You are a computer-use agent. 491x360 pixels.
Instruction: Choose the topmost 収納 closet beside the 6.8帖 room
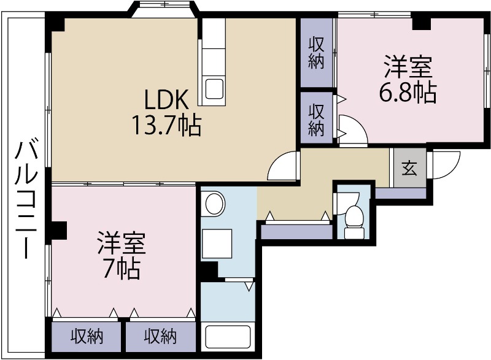click(316, 53)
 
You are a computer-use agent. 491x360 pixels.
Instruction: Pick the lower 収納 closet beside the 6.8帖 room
click(316, 120)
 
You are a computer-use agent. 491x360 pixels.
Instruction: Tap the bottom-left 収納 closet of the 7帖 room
click(87, 336)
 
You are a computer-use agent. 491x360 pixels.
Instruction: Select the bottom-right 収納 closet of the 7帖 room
click(161, 336)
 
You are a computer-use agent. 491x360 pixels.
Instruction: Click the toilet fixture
click(354, 218)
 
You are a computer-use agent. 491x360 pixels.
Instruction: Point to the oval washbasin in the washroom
click(214, 203)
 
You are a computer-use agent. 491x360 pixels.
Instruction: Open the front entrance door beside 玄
click(444, 164)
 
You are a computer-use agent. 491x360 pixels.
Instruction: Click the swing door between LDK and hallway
click(283, 166)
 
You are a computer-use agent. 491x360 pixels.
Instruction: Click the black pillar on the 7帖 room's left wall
click(58, 229)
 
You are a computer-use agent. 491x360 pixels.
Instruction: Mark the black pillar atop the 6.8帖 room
click(421, 23)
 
